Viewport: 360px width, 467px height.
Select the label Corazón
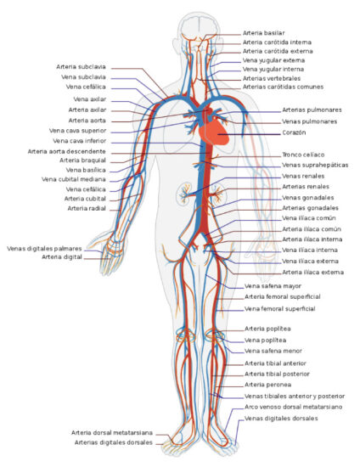click(295, 133)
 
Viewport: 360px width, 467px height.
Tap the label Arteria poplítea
click(267, 329)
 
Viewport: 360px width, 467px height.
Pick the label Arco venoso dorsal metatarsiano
click(294, 407)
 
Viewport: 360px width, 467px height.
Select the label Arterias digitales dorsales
click(114, 442)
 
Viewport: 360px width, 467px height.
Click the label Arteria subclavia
click(82, 66)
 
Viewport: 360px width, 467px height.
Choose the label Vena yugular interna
click(274, 69)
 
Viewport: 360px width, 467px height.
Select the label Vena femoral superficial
click(280, 309)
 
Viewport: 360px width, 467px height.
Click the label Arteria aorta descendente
click(68, 151)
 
